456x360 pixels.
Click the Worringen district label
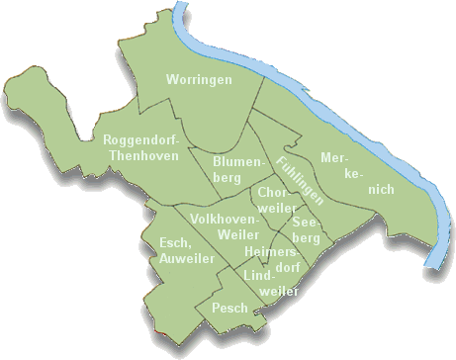coord(199,78)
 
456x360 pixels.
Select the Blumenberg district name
coord(238,169)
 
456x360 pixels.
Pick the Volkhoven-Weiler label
coord(225,225)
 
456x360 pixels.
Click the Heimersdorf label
coord(270,260)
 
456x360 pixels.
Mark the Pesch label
coord(229,308)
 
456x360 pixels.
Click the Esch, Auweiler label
coord(179,251)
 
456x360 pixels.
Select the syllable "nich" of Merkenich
coord(380,188)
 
